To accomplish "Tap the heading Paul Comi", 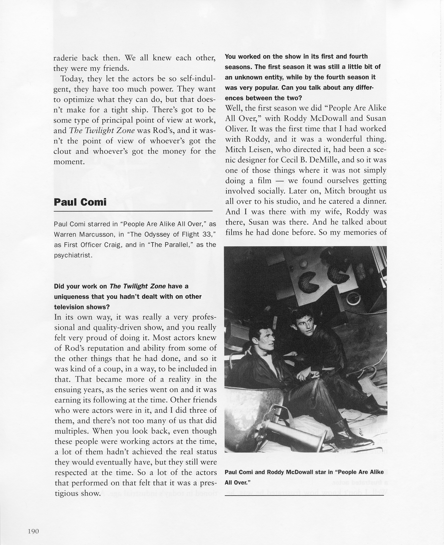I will coord(80,202).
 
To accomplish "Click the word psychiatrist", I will coord(73,255).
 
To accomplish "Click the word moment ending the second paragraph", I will coord(69,162).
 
